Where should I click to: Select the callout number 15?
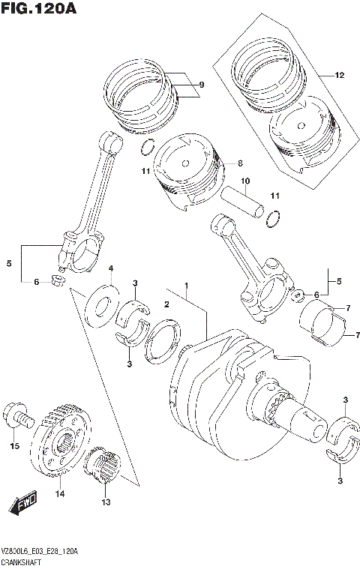[13, 447]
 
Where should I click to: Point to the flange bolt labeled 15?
[18, 414]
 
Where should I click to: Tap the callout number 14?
[59, 495]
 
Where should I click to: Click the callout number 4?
[110, 269]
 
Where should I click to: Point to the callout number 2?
[167, 304]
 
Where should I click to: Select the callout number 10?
[244, 181]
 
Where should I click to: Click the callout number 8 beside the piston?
[240, 163]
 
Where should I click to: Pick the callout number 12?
[339, 76]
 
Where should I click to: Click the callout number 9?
[200, 85]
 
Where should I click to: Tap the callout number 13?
[106, 502]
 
